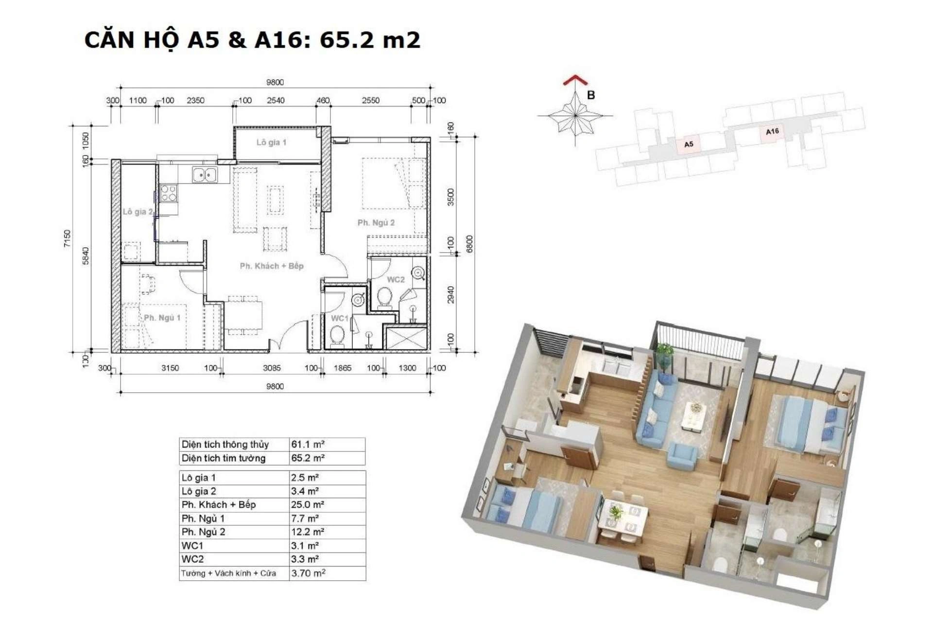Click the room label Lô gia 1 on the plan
(271, 142)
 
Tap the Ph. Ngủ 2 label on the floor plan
(376, 223)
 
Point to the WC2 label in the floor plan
(396, 279)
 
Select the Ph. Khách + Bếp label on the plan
(272, 266)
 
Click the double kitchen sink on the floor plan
(205, 174)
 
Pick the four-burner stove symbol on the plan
(169, 193)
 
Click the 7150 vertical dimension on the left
(67, 238)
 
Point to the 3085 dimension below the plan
(272, 368)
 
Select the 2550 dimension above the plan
(370, 101)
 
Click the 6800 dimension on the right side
(469, 244)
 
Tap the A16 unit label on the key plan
(772, 131)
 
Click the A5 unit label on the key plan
(689, 144)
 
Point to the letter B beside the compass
(591, 95)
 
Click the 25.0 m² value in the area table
(308, 504)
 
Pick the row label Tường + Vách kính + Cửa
(228, 573)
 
